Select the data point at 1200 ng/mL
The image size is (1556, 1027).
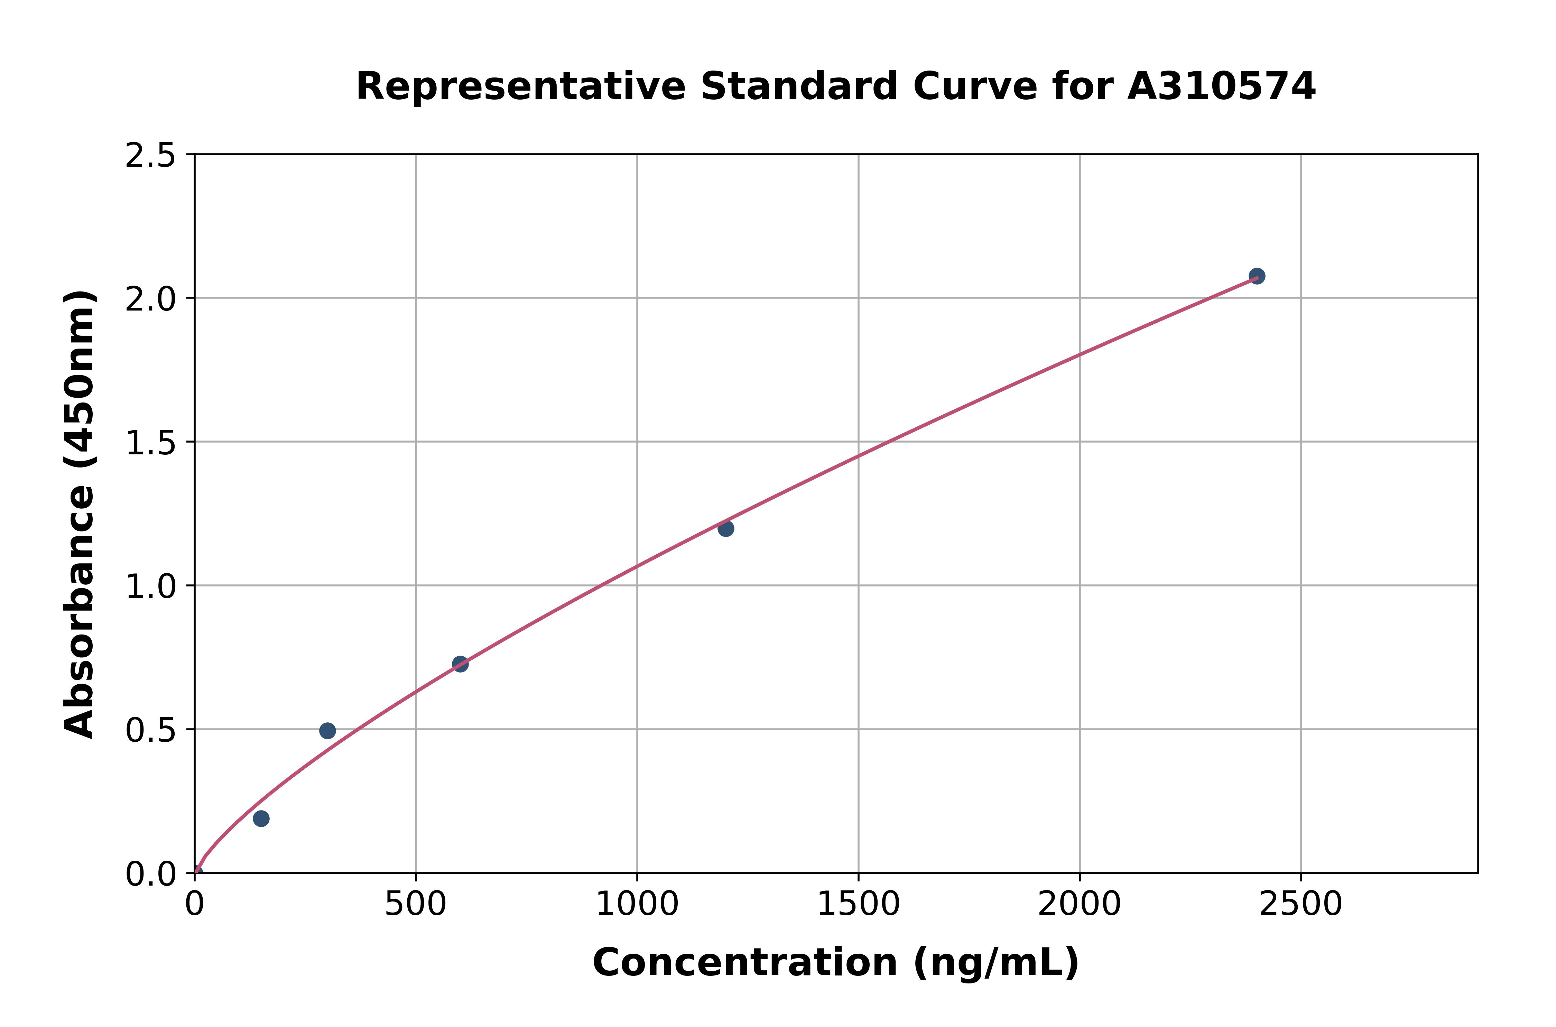725,528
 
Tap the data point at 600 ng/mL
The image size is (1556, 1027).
460,664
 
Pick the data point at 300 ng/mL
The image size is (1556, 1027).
327,730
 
